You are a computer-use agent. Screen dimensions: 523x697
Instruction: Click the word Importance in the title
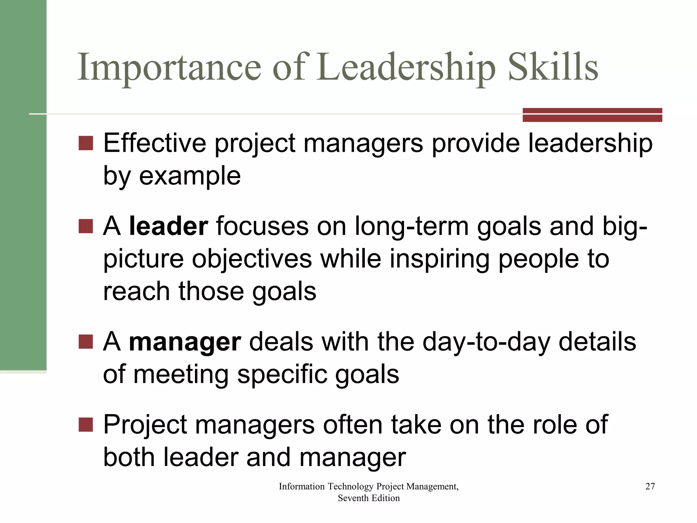(169, 67)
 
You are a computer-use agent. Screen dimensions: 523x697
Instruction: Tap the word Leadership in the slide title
(407, 67)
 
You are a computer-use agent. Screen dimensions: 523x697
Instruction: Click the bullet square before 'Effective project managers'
(86, 143)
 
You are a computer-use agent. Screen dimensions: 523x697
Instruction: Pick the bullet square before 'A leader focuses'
(86, 226)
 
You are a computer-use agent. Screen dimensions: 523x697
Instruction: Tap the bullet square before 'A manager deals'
(86, 342)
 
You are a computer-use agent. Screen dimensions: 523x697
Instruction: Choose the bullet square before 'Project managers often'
(86, 425)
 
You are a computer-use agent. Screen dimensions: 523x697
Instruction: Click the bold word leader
(168, 226)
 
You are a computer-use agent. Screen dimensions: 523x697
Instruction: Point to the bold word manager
(185, 342)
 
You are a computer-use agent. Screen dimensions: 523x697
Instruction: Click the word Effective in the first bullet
(155, 143)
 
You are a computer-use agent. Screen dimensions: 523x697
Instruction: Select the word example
(190, 176)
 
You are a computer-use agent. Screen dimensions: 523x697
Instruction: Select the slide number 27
(650, 486)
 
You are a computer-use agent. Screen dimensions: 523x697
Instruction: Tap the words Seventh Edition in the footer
(369, 498)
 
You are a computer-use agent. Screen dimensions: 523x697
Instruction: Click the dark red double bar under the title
(592, 115)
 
